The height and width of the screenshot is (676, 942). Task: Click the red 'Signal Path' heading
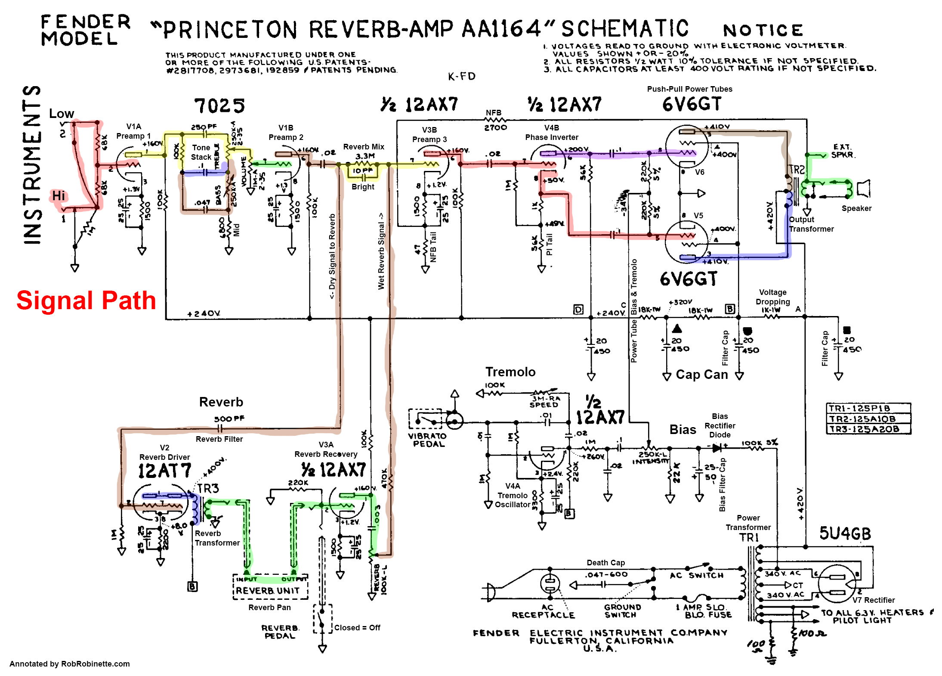click(x=86, y=300)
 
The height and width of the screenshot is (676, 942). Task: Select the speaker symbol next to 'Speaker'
click(x=863, y=189)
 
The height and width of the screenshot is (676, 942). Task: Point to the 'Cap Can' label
click(x=701, y=375)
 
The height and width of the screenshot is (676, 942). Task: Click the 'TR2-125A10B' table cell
click(x=868, y=419)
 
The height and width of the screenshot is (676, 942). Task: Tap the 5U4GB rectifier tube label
click(x=845, y=533)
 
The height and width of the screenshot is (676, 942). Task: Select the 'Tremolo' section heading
click(x=510, y=372)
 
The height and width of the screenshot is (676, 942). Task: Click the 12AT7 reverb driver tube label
click(x=164, y=471)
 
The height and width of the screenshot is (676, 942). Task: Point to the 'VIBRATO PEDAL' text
click(x=428, y=440)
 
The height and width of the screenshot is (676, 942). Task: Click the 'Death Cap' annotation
click(x=605, y=562)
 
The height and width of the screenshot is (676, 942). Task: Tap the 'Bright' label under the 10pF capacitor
click(x=363, y=187)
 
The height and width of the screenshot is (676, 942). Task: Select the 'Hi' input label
click(x=59, y=196)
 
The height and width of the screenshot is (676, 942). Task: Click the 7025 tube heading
click(x=219, y=105)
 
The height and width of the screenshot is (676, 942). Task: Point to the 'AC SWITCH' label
click(x=697, y=575)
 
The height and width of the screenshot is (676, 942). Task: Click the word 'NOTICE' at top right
click(x=763, y=31)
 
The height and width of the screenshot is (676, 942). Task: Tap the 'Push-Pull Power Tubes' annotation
click(x=689, y=89)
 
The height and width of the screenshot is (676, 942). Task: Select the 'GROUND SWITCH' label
click(x=622, y=611)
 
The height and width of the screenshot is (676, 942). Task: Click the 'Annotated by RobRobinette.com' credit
click(x=70, y=664)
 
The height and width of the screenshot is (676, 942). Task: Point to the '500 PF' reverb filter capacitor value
click(x=229, y=419)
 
